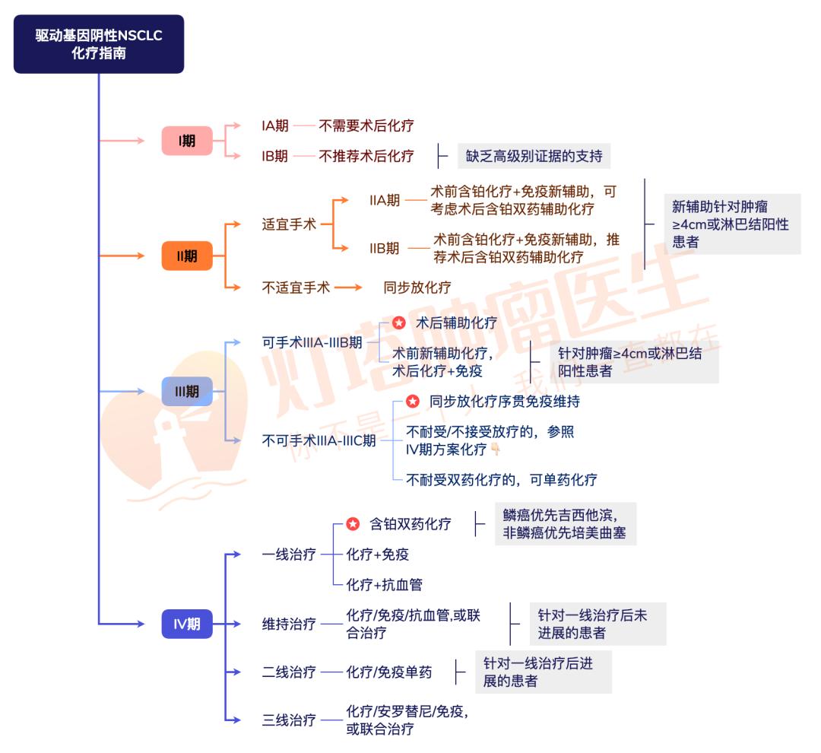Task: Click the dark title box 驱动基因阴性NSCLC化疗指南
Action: pos(99,44)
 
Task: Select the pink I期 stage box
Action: pos(187,141)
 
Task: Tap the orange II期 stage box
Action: pos(187,256)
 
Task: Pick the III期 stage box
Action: pos(187,391)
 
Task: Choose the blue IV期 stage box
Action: pos(187,624)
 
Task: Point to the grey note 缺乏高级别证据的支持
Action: pos(533,156)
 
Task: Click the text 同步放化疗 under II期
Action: pos(417,288)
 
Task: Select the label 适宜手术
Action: pos(289,224)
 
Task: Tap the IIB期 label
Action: pos(385,248)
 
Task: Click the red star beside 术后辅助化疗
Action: pos(399,323)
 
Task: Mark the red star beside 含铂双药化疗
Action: pos(353,524)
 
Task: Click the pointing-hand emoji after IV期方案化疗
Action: pos(496,450)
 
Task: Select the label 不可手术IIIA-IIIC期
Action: pos(319,440)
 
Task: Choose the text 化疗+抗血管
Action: pos(384,585)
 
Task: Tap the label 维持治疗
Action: pos(289,624)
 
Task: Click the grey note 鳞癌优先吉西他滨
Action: pos(565,523)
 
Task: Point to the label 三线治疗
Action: pos(289,720)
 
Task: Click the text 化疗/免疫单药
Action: pos(389,672)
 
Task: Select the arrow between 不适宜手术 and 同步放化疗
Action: pos(349,288)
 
